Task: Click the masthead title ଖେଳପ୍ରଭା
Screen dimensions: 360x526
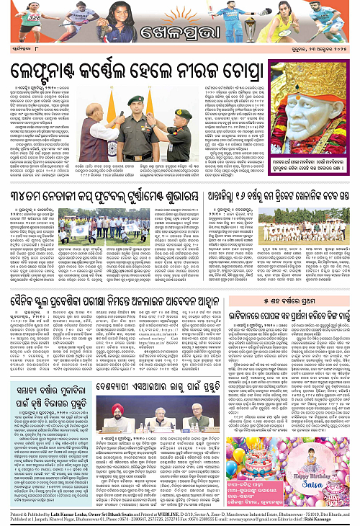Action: coord(181,35)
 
